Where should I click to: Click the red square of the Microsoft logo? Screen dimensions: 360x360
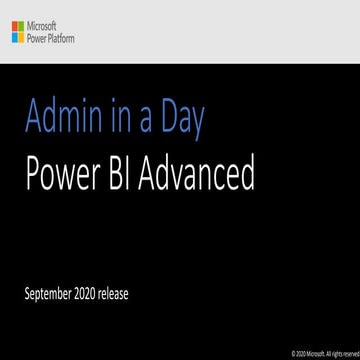(x=14, y=25)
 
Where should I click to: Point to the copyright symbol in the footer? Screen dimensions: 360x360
(x=293, y=353)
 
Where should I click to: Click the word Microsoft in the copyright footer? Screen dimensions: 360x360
(x=313, y=353)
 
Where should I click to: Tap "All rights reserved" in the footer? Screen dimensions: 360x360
(x=339, y=353)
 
